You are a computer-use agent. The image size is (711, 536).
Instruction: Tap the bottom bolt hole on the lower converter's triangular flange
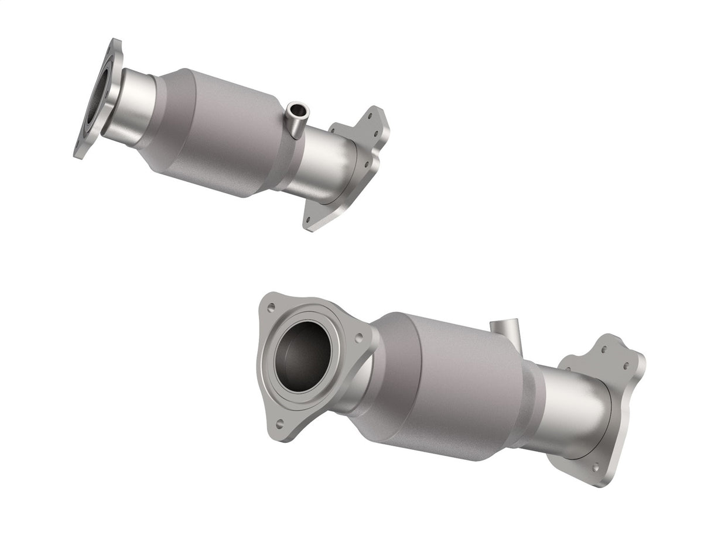point(279,421)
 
